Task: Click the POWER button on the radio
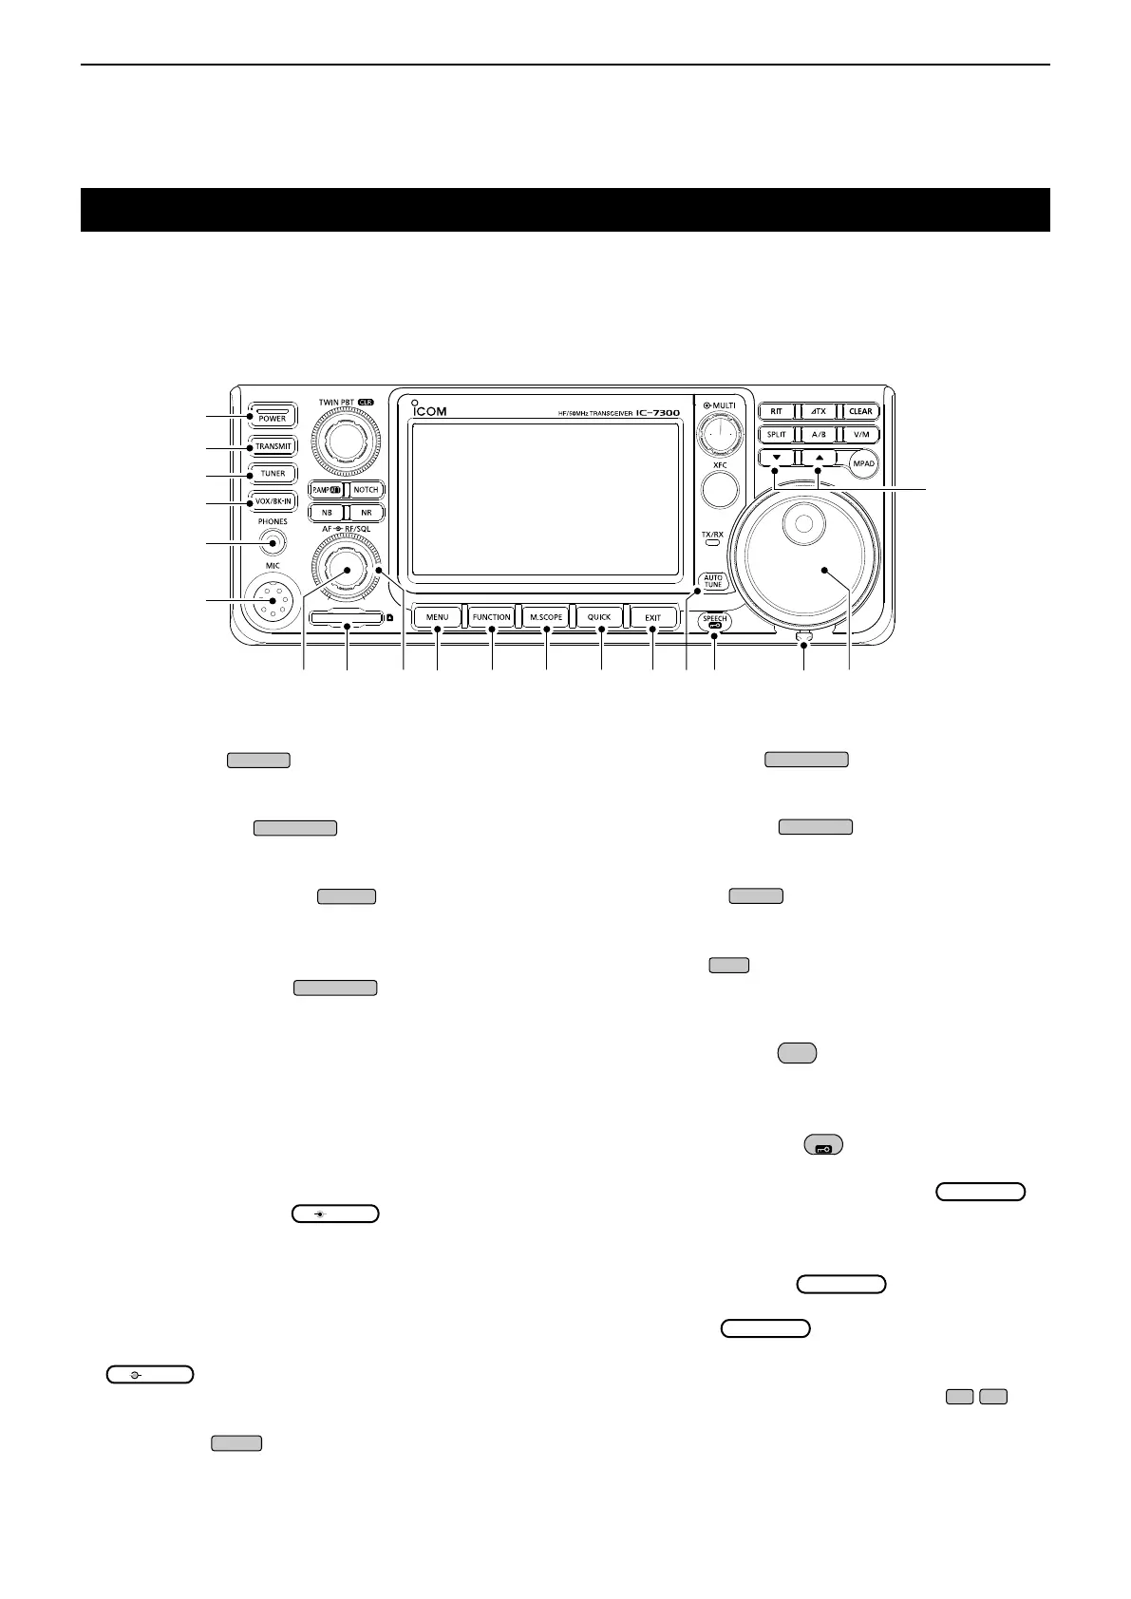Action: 273,416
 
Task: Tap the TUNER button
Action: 273,473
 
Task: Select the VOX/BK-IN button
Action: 273,500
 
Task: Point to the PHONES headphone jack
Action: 273,543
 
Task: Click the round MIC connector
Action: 273,601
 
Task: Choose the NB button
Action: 327,513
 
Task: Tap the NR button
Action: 366,513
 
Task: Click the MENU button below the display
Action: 437,617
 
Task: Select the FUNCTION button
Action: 492,617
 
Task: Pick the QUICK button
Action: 599,617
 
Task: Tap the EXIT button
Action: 653,617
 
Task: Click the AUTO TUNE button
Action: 713,581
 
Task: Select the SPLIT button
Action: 776,434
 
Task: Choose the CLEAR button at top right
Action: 860,411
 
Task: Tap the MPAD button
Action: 862,463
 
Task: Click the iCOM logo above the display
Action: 430,411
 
